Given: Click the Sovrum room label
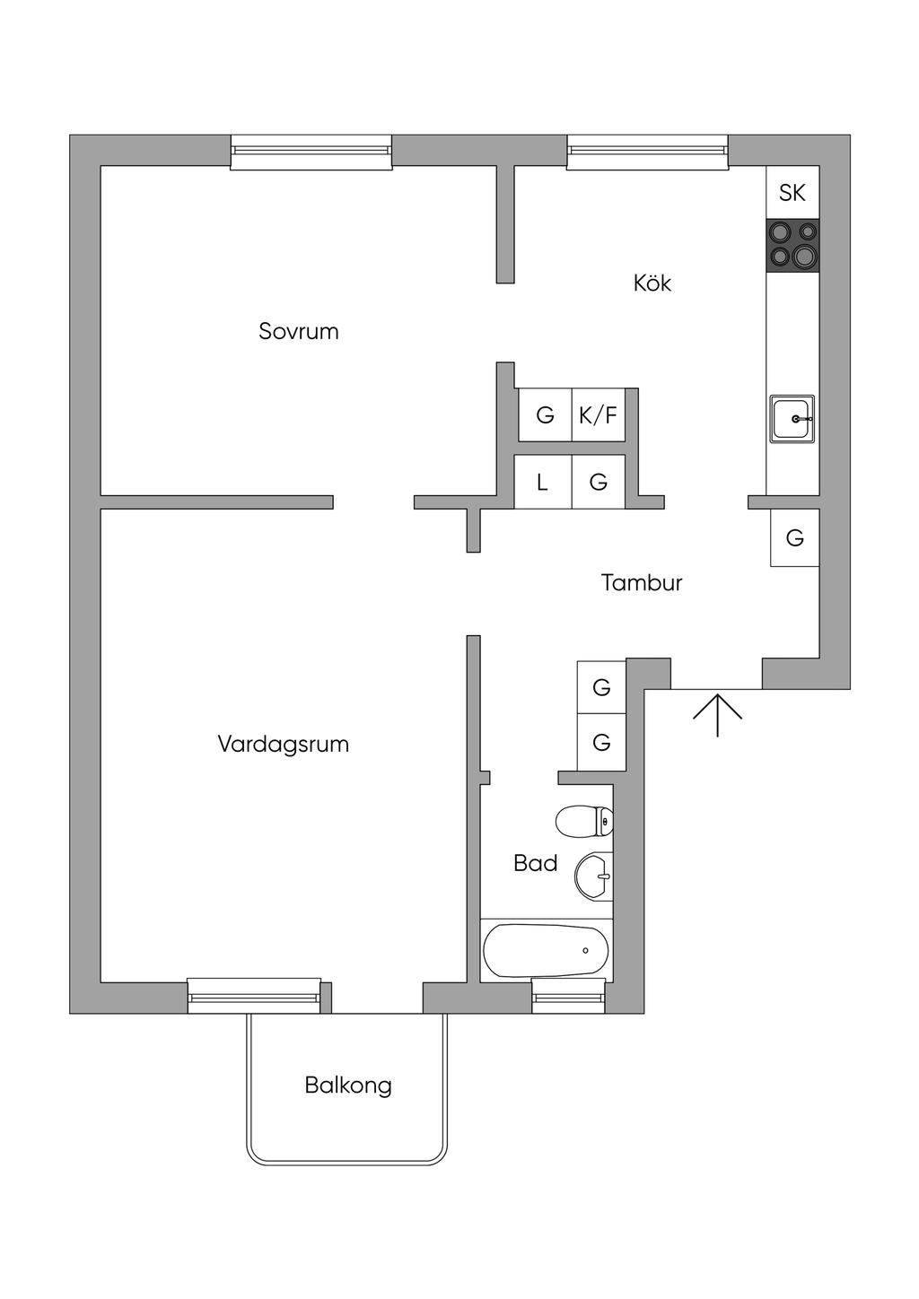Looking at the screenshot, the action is (x=298, y=332).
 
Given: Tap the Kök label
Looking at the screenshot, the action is (x=652, y=283).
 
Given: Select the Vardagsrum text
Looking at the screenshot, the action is (x=283, y=744).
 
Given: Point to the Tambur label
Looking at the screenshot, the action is (x=641, y=582).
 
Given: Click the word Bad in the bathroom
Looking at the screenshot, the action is (x=535, y=864).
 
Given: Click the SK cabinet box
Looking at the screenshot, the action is (x=792, y=193).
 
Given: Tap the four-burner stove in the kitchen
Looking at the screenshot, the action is (x=792, y=245).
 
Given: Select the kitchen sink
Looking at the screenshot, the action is (x=792, y=419).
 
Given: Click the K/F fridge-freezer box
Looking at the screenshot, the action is (x=599, y=414).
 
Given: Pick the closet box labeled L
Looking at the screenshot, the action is (x=542, y=482).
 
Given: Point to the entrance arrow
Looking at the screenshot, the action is (x=718, y=715).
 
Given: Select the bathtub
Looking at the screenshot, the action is (x=546, y=951).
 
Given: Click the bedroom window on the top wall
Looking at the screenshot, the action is (x=311, y=152).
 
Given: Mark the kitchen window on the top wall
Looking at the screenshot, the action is (x=647, y=152).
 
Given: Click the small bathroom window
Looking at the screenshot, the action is (x=569, y=997).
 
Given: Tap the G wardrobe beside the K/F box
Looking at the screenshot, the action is (x=545, y=414).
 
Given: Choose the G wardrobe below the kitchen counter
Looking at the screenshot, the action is (x=795, y=537).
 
